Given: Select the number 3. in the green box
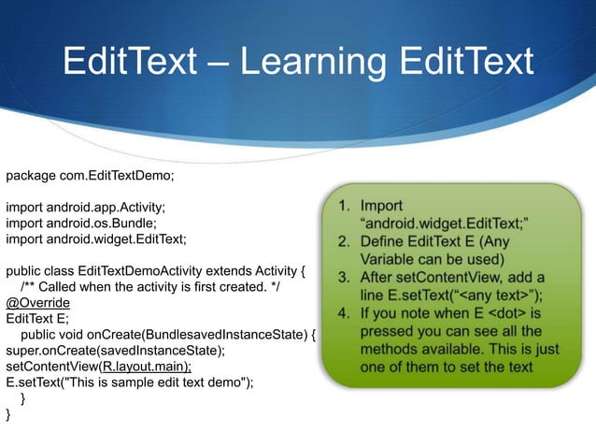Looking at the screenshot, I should point(346,277).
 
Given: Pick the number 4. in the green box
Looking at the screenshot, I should point(346,312).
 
